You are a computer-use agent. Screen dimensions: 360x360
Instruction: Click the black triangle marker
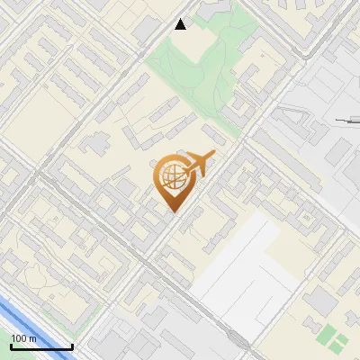pyautogui.click(x=181, y=24)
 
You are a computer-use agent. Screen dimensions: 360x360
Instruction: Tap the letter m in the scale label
pyautogui.click(x=33, y=338)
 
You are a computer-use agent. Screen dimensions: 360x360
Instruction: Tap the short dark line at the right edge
pyautogui.click(x=346, y=120)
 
